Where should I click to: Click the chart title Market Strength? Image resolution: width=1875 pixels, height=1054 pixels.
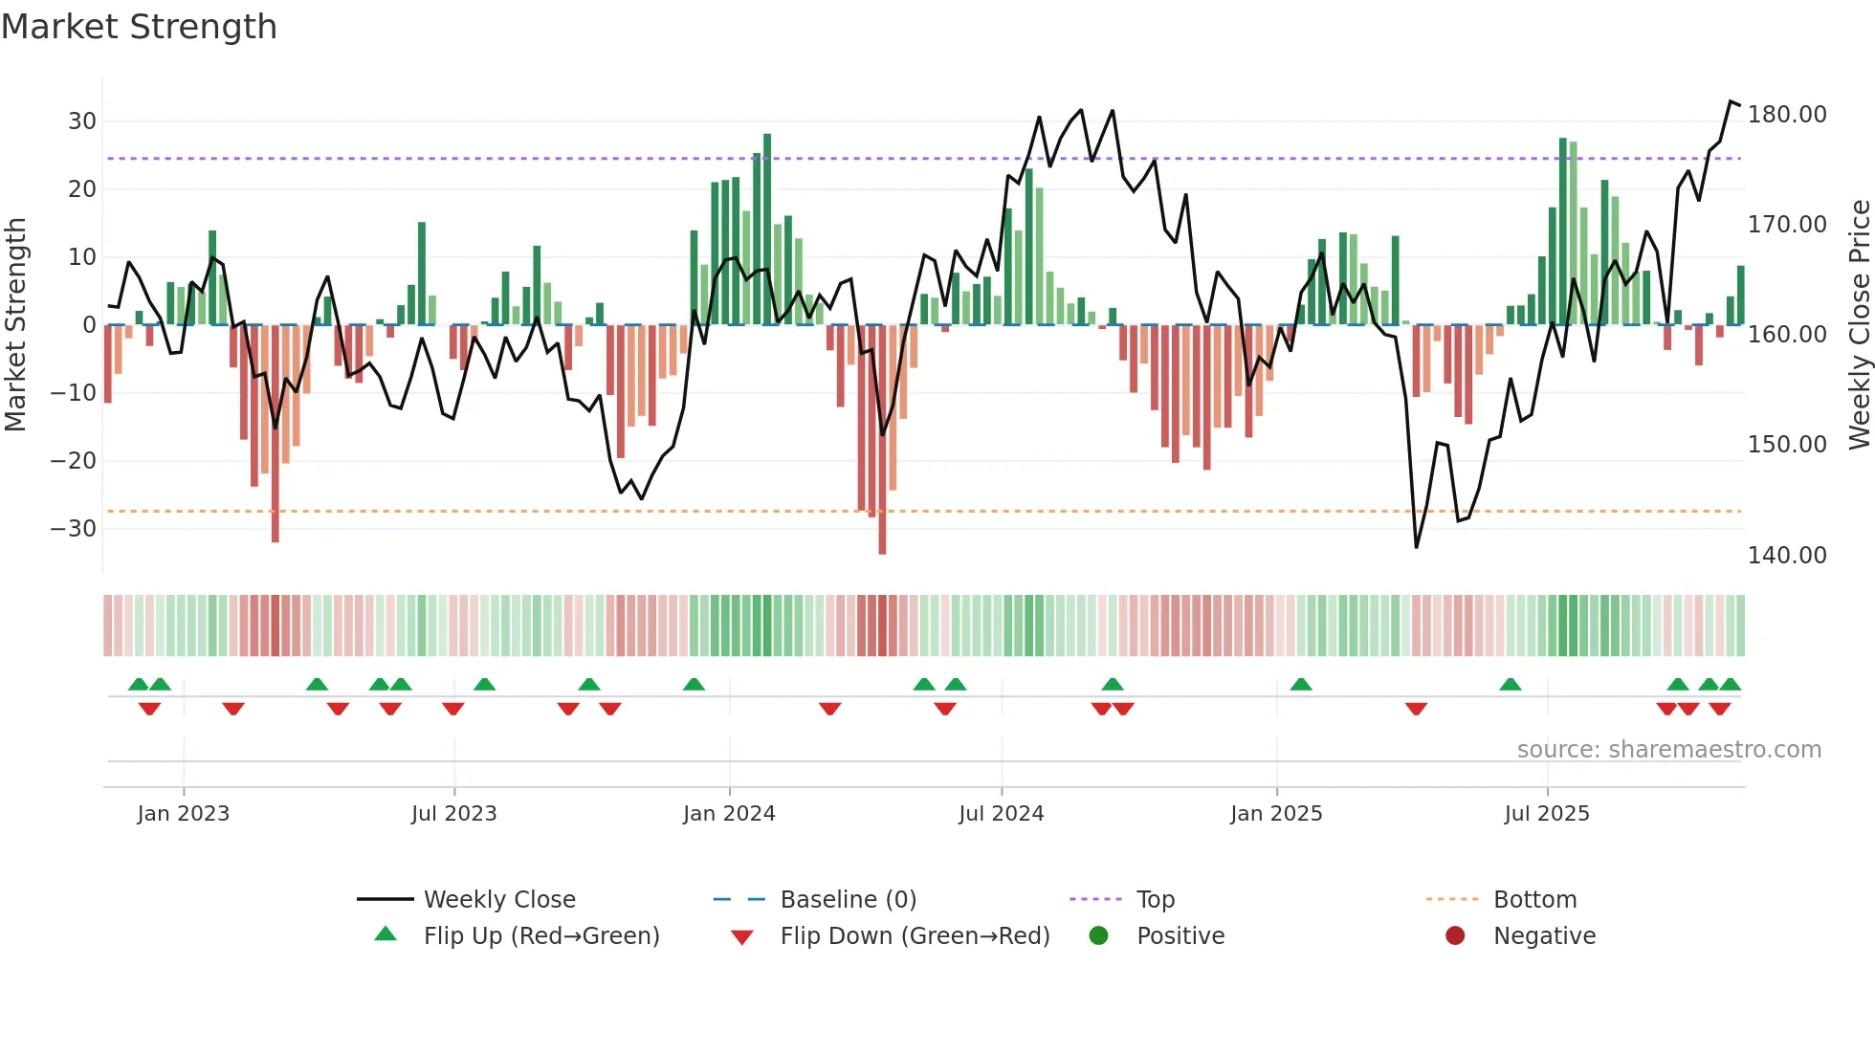click(139, 27)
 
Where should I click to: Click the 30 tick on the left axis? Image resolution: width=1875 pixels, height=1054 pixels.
click(82, 121)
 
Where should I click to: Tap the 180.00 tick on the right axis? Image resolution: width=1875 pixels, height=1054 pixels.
click(1786, 115)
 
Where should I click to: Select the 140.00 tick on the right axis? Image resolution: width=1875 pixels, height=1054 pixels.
click(1786, 556)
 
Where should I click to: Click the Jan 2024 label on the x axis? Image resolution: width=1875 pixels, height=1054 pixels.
click(729, 814)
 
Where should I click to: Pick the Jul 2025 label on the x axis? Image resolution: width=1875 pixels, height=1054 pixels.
click(1546, 814)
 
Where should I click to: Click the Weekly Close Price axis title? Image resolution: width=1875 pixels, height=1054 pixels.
click(1859, 325)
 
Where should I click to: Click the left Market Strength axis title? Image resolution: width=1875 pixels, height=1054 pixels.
click(15, 325)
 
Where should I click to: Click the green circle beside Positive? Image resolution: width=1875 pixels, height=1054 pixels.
click(1098, 935)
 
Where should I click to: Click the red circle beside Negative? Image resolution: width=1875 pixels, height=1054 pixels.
click(1455, 935)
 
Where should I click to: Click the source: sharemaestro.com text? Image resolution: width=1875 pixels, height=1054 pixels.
click(1668, 750)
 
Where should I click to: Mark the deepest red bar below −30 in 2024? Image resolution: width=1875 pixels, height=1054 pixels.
click(882, 440)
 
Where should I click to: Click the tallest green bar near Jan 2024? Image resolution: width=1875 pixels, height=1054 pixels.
click(767, 230)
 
